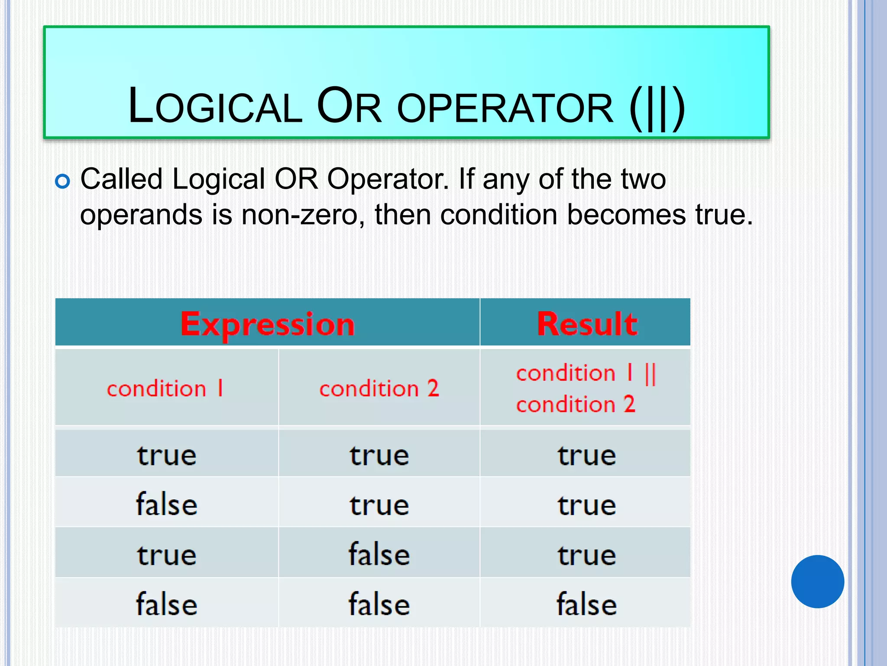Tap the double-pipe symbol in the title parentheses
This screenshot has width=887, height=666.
click(657, 108)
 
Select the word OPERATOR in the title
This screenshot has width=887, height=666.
click(505, 108)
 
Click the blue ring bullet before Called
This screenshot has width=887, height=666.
click(62, 181)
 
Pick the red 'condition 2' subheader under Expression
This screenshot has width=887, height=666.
click(379, 388)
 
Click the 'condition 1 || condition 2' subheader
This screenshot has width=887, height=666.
click(586, 388)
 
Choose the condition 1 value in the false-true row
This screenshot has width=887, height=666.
click(167, 505)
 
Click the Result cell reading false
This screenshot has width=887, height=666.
click(586, 604)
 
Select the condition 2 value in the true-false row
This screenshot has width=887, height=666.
click(379, 555)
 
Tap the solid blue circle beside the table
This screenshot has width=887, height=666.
click(817, 581)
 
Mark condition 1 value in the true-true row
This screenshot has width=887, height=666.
click(167, 455)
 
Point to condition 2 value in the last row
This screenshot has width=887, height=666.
click(379, 604)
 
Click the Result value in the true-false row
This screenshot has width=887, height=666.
click(586, 555)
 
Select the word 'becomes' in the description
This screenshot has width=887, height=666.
click(626, 215)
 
